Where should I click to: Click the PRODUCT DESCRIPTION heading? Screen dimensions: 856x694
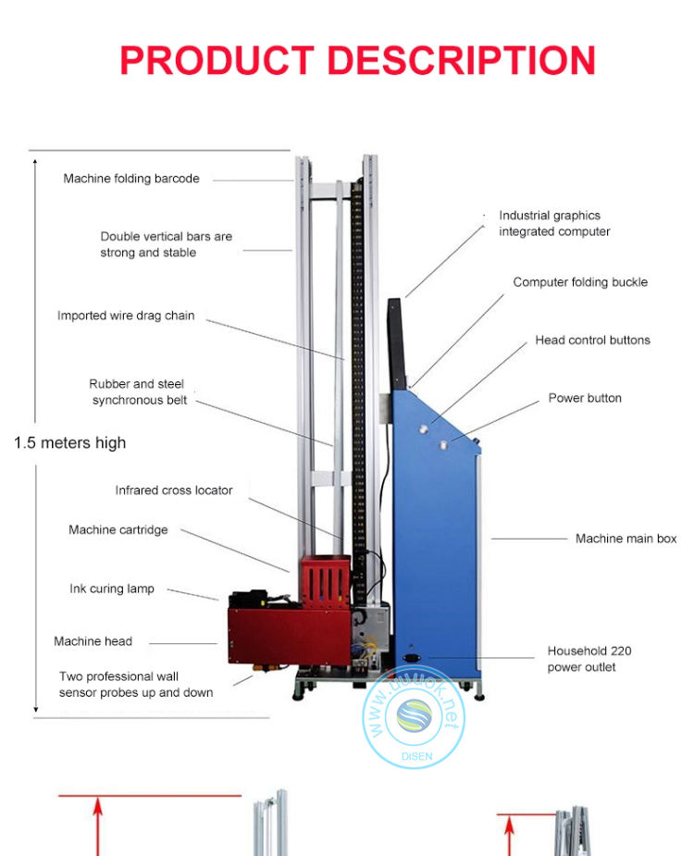click(x=357, y=61)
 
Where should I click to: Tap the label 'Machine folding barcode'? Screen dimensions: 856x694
click(x=131, y=179)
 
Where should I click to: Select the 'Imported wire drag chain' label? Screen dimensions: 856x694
click(x=126, y=316)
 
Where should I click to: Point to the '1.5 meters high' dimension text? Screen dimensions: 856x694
click(x=69, y=442)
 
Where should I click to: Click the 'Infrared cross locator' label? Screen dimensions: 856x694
click(x=174, y=490)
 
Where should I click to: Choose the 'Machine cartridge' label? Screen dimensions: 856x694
click(x=118, y=529)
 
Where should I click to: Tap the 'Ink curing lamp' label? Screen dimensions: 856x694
click(x=112, y=589)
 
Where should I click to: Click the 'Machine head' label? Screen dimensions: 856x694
click(x=93, y=641)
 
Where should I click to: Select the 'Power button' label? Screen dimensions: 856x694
click(x=585, y=398)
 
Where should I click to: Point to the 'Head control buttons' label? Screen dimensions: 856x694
click(x=592, y=340)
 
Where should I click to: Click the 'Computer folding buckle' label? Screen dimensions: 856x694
click(x=580, y=282)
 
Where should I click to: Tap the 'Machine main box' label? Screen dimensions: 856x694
click(x=626, y=539)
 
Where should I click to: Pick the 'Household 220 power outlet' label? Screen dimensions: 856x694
click(x=589, y=659)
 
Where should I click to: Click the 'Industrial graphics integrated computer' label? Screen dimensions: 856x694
click(x=553, y=224)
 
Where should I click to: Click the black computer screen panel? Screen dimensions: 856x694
click(x=395, y=342)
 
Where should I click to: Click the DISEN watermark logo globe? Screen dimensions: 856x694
click(x=414, y=717)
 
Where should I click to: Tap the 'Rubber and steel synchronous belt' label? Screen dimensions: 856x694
click(x=139, y=391)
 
